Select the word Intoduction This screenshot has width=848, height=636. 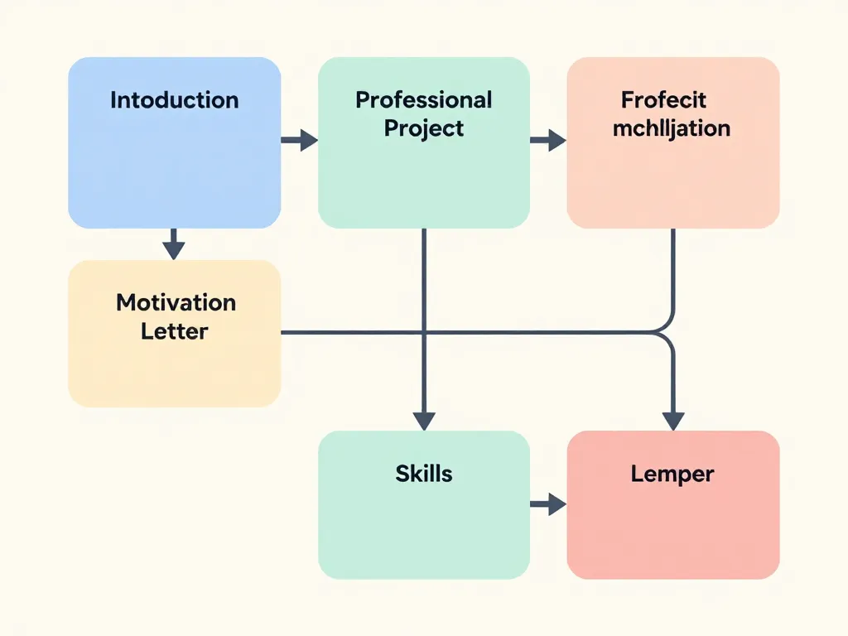(x=174, y=100)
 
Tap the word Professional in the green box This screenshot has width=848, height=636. (x=423, y=100)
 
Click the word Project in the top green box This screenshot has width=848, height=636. (x=423, y=128)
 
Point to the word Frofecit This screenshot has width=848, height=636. (x=663, y=100)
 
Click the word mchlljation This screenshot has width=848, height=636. (x=672, y=128)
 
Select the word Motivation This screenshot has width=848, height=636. (x=176, y=302)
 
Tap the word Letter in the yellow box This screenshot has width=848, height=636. (x=174, y=331)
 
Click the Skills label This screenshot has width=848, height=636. (x=423, y=474)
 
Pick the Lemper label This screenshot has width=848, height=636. (x=672, y=475)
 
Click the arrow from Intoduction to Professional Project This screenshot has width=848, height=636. (x=299, y=140)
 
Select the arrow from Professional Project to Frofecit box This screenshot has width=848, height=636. (x=547, y=140)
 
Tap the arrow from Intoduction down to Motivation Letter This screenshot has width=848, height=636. (x=173, y=244)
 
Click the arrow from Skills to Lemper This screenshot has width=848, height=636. (x=547, y=503)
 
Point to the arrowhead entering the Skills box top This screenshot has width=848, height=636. (x=424, y=421)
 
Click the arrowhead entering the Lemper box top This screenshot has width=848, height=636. (x=673, y=421)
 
